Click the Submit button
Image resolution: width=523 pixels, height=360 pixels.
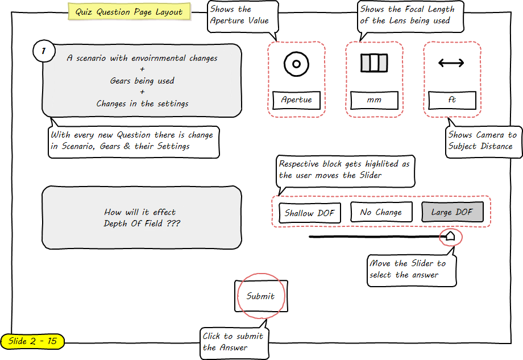point(261,296)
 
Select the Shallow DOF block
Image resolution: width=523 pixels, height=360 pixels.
point(309,213)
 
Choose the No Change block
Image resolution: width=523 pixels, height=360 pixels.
point(381,212)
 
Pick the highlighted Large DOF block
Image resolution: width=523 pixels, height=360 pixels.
point(452,212)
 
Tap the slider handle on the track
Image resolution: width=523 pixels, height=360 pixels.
point(450,235)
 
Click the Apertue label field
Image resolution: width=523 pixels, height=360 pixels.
point(296,100)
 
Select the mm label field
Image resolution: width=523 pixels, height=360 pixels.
point(374,100)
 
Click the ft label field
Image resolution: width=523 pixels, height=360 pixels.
point(452,100)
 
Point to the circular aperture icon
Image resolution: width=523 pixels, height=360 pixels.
point(296,64)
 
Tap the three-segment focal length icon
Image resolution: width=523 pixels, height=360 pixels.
point(374,63)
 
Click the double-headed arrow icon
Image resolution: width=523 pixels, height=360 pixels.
point(451,63)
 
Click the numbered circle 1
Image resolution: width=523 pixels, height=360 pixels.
point(44,52)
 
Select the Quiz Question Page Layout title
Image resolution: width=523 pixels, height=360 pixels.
point(129,12)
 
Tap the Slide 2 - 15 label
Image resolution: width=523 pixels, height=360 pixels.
point(32,341)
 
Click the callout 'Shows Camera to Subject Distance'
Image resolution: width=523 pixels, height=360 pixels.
point(483,140)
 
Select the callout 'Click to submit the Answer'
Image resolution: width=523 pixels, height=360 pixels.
point(233,341)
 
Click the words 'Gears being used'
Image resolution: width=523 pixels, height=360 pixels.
point(142,81)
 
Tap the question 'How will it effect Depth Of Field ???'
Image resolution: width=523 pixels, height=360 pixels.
point(142,218)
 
